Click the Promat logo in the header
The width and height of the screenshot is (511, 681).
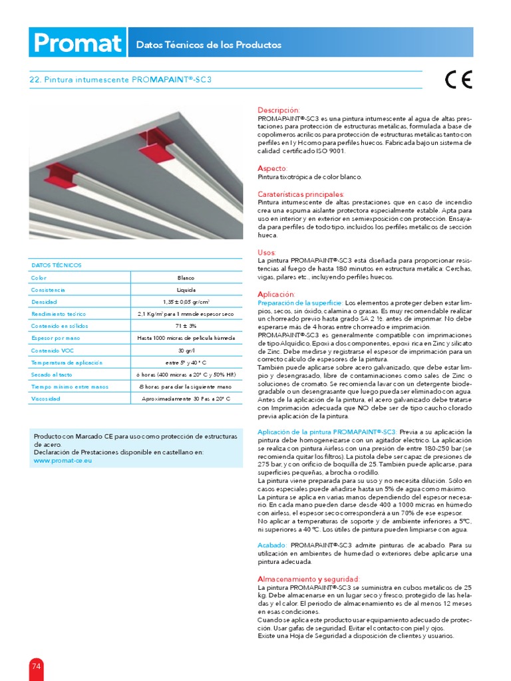point(77,44)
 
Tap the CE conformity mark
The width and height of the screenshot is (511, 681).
point(458,80)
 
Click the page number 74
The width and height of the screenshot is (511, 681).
point(36,666)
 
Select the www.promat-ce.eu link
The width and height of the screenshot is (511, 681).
point(63,460)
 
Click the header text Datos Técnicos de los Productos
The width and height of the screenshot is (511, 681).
point(209,45)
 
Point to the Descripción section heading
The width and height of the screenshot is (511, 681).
point(278,110)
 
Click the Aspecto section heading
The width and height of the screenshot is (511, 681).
point(272,169)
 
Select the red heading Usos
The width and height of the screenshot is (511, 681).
point(266,252)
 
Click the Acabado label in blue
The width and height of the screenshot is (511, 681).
point(272,545)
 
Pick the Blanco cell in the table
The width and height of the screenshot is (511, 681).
point(186,278)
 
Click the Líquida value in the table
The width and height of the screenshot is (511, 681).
point(186,290)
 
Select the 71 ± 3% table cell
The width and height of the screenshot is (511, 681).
point(186,326)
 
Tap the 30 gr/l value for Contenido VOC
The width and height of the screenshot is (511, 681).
point(186,350)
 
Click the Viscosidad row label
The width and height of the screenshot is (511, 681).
point(46,398)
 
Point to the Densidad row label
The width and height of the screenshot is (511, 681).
point(44,302)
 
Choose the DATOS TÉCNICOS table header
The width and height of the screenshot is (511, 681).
point(57,265)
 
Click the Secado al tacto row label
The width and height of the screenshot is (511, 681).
point(51,374)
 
